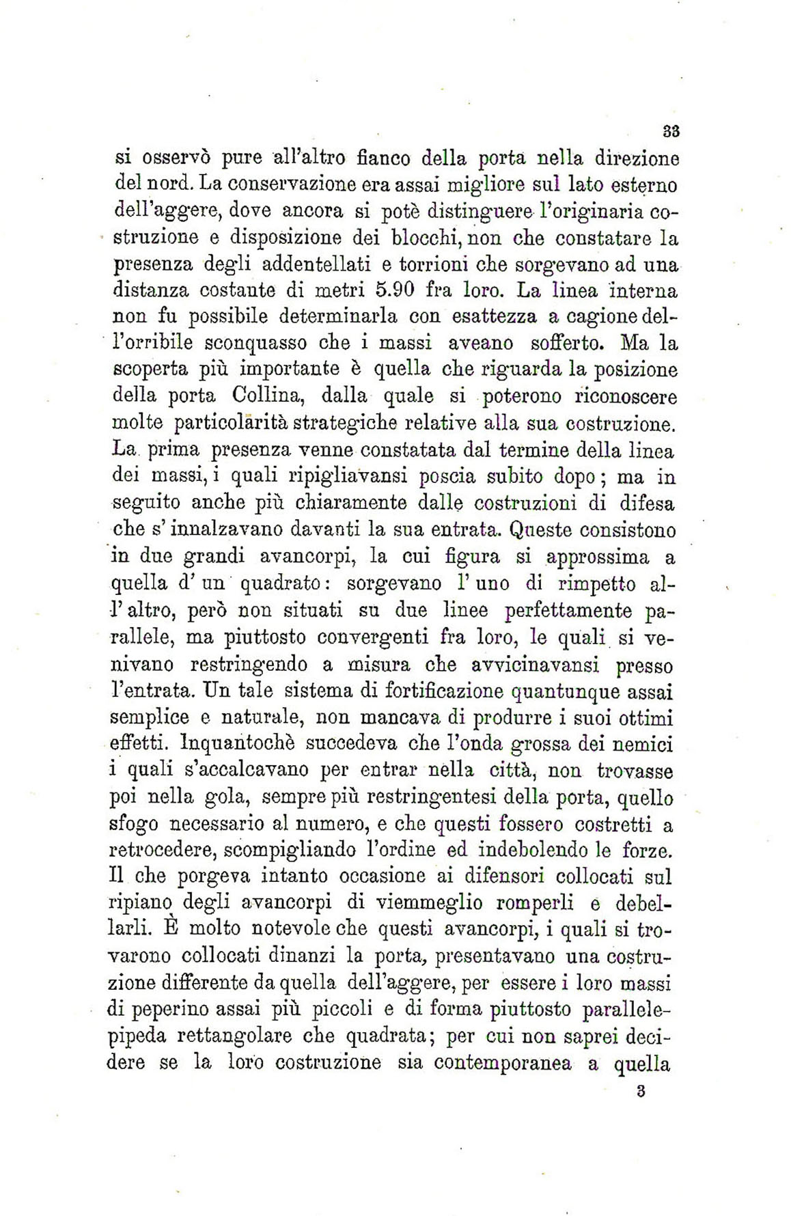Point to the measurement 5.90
396,291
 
